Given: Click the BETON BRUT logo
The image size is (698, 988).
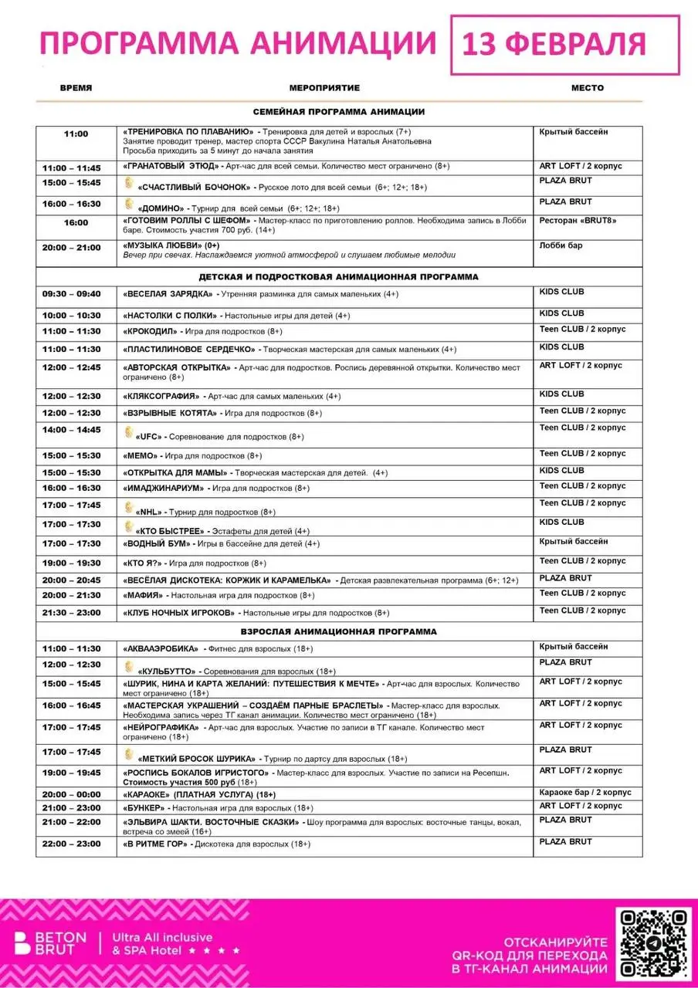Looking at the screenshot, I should [46, 944].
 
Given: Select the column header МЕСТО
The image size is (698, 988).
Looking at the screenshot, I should [587, 88].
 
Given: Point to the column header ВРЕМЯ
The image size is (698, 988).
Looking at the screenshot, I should [76, 88].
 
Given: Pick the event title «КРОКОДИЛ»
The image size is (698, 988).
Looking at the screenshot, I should [151, 331].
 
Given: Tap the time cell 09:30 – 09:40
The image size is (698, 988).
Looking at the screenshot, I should [71, 294].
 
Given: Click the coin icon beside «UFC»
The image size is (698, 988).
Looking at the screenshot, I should [129, 431].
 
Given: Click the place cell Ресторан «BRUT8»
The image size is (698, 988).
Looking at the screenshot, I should [578, 221].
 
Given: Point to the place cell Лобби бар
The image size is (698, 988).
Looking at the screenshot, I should [561, 246].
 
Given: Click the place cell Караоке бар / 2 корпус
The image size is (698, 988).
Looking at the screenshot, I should [585, 793].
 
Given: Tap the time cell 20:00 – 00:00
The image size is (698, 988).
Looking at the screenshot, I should [71, 794].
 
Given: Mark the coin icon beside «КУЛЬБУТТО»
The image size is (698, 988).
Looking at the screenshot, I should [129, 667].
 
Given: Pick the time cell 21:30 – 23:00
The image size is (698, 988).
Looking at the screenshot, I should [71, 613].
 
